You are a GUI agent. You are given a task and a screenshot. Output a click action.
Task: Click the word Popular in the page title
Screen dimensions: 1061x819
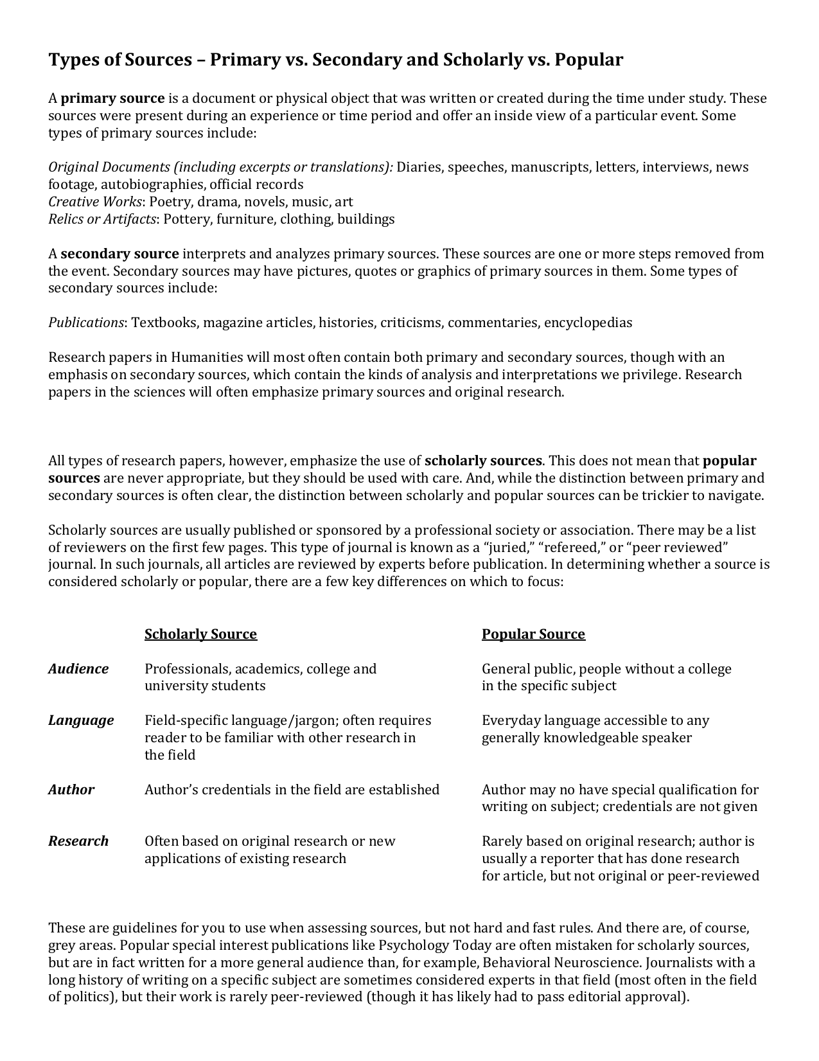(588, 60)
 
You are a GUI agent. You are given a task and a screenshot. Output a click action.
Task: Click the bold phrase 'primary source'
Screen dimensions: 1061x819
(112, 99)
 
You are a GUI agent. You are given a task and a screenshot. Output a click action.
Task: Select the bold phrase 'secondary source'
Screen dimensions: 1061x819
(119, 254)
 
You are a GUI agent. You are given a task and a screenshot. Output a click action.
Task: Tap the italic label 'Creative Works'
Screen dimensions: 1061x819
(94, 202)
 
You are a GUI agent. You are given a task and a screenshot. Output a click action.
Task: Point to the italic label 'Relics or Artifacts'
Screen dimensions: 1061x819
(102, 219)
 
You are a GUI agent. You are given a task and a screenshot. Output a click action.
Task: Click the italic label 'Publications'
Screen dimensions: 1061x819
(86, 323)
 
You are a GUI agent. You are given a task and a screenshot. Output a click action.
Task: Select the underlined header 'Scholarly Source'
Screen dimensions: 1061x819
(200, 634)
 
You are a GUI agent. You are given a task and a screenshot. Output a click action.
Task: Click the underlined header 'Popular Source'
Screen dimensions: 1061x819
(533, 634)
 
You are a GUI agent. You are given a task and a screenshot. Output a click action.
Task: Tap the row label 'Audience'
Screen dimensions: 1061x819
(78, 669)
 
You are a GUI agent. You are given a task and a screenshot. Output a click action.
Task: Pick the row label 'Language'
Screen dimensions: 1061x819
(81, 720)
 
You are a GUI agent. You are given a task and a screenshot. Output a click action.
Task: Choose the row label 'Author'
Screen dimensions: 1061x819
(71, 790)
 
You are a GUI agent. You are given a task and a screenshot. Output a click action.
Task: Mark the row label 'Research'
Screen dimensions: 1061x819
(78, 841)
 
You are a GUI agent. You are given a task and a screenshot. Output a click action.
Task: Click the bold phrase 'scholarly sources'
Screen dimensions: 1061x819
(483, 461)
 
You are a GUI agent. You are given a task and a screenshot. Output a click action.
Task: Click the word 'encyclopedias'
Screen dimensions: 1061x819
(588, 323)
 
